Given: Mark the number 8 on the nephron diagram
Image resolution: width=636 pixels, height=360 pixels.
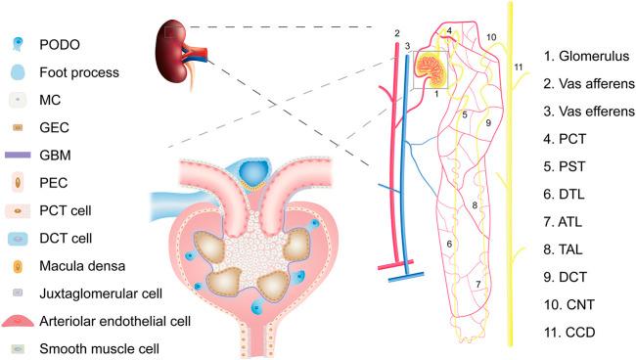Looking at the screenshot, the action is [x=475, y=205].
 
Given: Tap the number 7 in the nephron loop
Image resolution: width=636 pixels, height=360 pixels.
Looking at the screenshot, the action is [x=477, y=285].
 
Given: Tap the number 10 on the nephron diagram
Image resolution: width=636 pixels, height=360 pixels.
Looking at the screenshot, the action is [x=491, y=36].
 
